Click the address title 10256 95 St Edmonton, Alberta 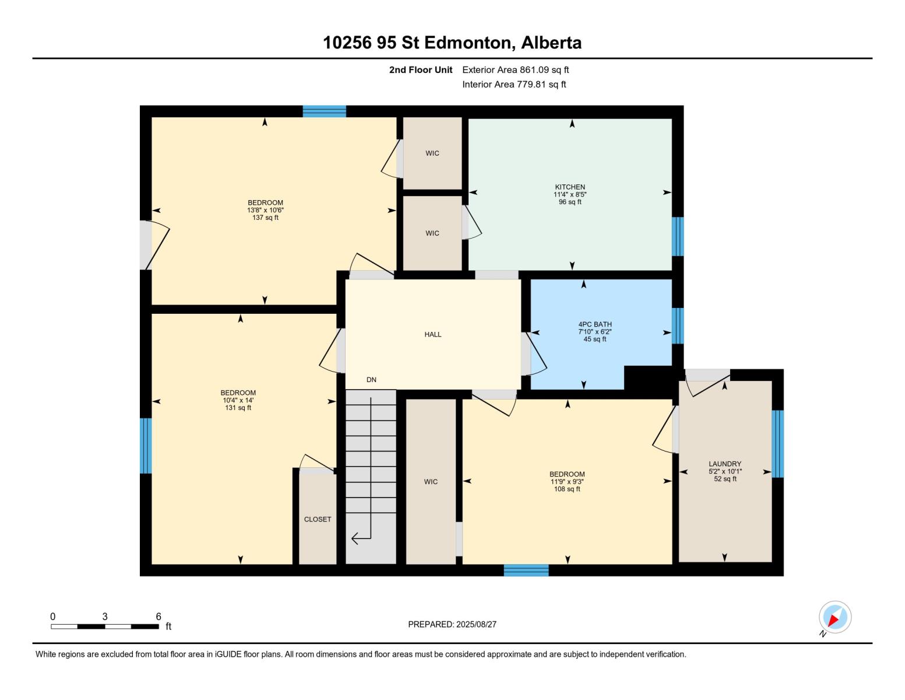click(452, 43)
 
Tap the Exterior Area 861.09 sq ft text click(515, 70)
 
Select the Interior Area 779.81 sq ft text click(514, 85)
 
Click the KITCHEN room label click(569, 187)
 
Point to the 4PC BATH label click(594, 324)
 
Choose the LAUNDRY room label click(725, 464)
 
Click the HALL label click(432, 335)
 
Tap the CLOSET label click(318, 519)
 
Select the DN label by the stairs click(371, 380)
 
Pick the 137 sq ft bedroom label click(265, 218)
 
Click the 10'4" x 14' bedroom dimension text click(238, 400)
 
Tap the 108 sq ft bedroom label click(567, 489)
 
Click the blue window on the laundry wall click(777, 443)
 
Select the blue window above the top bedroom click(324, 111)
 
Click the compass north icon click(834, 617)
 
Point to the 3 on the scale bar click(105, 617)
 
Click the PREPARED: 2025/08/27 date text click(452, 624)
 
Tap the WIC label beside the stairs click(431, 482)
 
